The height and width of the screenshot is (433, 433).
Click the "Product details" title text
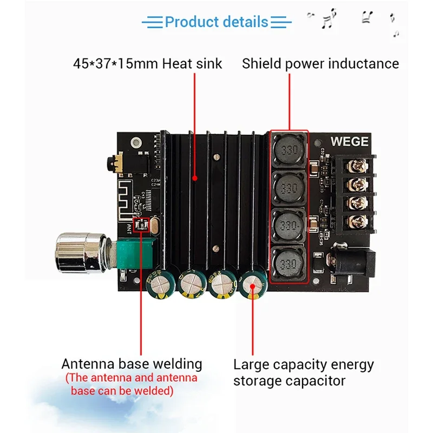pos(216,22)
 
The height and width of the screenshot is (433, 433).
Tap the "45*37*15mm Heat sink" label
pos(148,63)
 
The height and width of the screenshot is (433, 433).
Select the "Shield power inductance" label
pos(320,63)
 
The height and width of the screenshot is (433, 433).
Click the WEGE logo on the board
pos(349,142)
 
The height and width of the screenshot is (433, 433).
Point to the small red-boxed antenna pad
pos(140,226)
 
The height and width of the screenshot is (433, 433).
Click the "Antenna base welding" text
pos(132,364)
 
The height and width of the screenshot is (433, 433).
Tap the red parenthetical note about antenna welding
pos(132,384)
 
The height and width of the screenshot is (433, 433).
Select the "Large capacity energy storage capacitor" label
pos(303,372)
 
